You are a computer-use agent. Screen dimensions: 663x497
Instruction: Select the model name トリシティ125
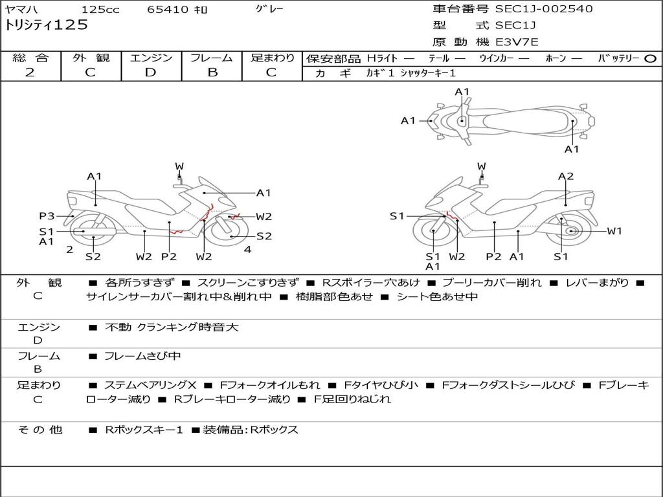pos(46,25)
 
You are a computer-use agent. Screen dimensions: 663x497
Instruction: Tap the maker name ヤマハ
pos(21,10)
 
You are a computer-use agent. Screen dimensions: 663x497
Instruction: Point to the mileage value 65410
pos(167,10)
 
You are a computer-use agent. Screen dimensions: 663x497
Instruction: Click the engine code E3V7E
pos(517,42)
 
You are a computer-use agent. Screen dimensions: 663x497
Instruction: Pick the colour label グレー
pos(269,9)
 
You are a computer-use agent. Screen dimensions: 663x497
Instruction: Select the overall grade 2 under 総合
pos(30,72)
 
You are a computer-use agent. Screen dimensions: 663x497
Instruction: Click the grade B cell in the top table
pos(212,72)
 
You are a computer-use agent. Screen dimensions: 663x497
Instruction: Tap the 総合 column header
pos(30,58)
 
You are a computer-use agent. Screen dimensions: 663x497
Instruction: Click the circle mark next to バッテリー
pos(650,58)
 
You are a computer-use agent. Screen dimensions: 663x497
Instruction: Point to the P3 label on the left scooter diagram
pos(47,216)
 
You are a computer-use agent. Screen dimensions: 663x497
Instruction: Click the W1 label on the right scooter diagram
pos(614,231)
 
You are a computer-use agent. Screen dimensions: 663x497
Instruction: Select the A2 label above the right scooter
pos(566,176)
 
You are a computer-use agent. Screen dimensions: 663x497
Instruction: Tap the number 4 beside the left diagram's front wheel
pos(247,249)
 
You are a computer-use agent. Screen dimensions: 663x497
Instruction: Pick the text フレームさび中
pos(142,356)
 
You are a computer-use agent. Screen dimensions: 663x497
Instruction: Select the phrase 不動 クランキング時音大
pos(172,327)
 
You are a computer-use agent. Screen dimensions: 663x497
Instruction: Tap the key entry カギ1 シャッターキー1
pos(410,73)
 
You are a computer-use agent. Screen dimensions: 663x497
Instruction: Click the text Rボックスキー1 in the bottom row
pos(144,430)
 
